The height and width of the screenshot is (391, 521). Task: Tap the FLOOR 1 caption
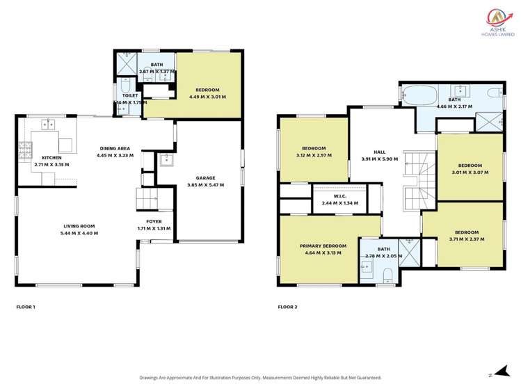(25, 306)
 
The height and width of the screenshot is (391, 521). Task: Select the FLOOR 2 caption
(287, 306)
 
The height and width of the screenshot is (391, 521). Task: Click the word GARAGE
(205, 177)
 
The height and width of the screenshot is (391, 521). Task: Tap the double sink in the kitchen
(48, 125)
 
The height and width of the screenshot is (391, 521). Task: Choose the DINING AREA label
(115, 147)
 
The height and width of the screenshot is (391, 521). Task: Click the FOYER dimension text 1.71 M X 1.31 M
(154, 229)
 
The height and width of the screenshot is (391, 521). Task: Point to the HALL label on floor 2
(379, 151)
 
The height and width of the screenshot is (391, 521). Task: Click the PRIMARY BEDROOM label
(323, 246)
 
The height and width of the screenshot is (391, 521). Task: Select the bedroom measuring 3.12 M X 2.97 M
(314, 152)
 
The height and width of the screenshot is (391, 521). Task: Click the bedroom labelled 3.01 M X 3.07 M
(471, 167)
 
